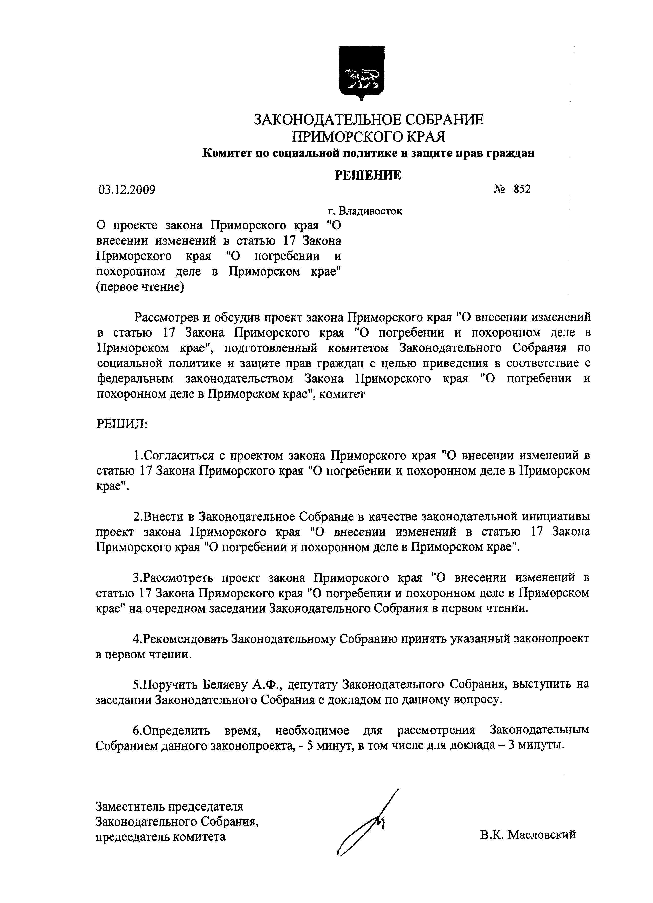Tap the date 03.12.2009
coord(127,189)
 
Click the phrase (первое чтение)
coord(140,287)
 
